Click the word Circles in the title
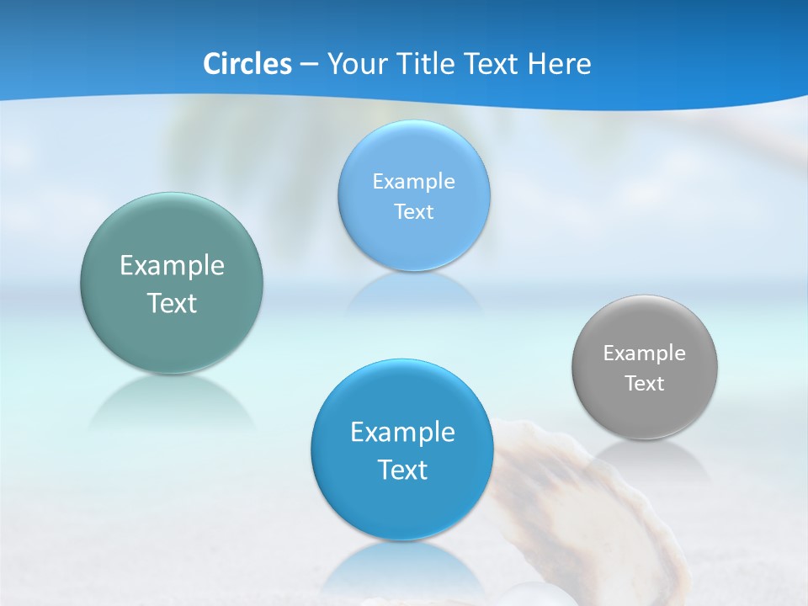pos(247,64)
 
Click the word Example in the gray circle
pos(644,353)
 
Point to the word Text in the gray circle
pos(645,384)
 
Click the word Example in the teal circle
pos(172,266)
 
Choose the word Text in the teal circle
pos(172,303)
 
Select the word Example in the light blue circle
pos(413,182)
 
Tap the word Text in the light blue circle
pos(413,212)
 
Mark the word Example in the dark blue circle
pos(402,433)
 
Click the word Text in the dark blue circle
pos(402,470)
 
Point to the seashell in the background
pos(581,505)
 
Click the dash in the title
pos(308,65)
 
